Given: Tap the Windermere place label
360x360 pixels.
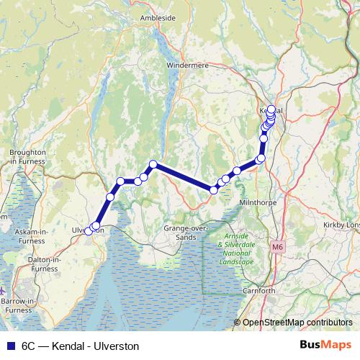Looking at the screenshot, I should (x=188, y=64).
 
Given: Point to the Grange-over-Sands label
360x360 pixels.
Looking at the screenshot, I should (x=186, y=232).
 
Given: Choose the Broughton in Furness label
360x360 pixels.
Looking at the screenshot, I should (x=28, y=157).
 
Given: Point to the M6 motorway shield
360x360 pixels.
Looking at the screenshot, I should (x=278, y=247).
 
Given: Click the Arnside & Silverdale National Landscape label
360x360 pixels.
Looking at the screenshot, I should (x=237, y=248).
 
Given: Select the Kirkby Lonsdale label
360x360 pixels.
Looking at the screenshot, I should (x=343, y=225).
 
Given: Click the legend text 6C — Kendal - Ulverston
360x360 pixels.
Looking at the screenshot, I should (x=80, y=346).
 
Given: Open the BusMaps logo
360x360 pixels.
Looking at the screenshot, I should (x=326, y=346).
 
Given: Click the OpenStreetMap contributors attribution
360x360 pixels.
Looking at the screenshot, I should (x=297, y=322).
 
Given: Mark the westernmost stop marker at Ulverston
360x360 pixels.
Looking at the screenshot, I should (x=89, y=230).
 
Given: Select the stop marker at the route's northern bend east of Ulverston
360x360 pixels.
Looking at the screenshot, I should (x=153, y=165).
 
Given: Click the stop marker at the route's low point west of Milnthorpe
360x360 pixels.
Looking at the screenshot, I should (x=213, y=189).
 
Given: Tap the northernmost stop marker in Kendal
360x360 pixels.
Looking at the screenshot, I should (x=271, y=109).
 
